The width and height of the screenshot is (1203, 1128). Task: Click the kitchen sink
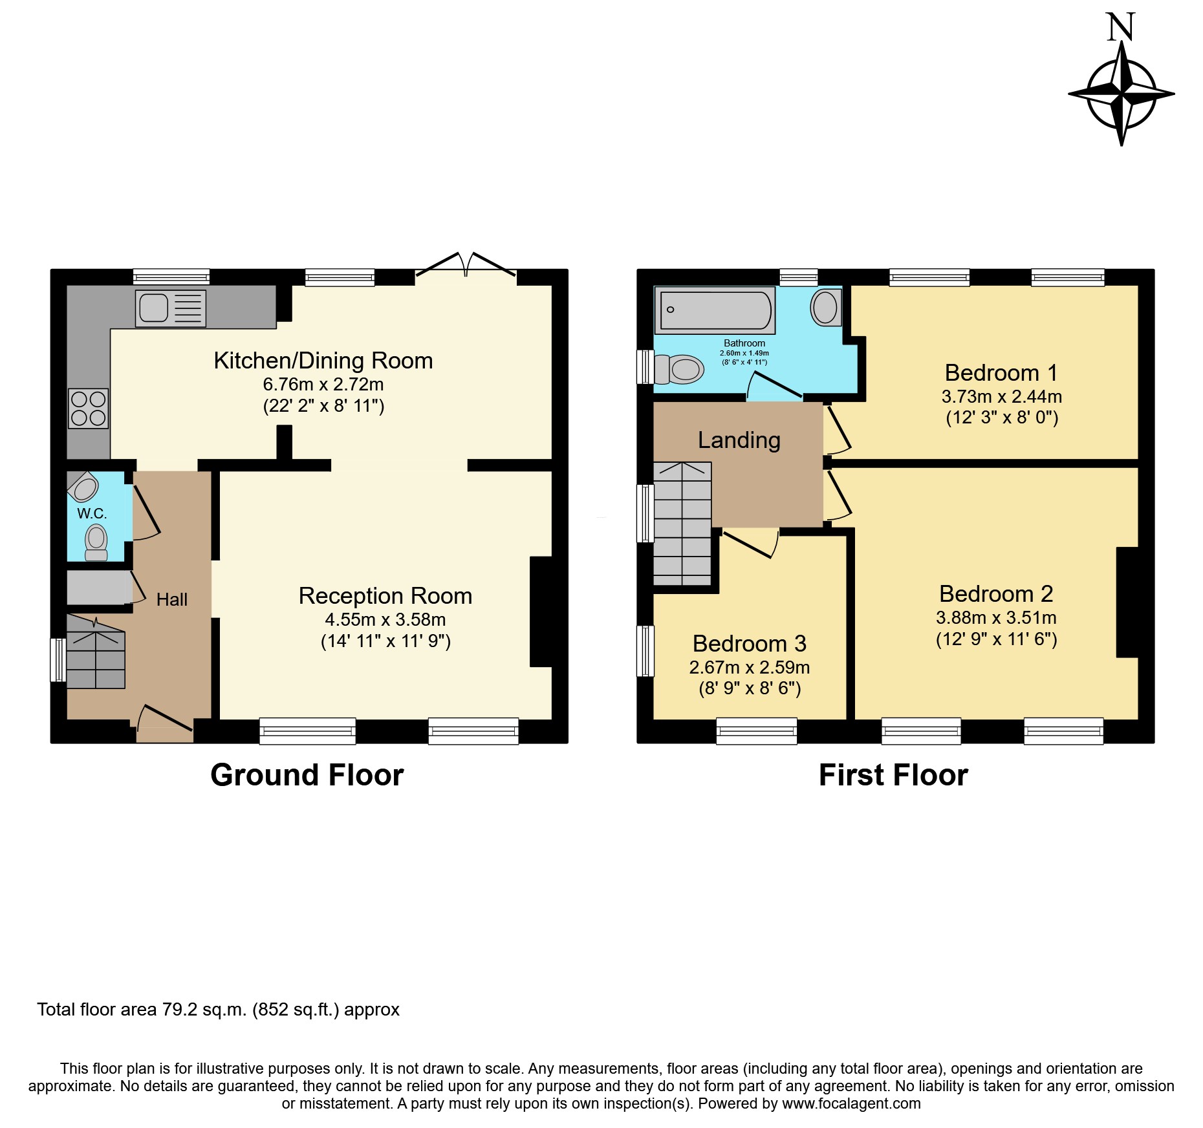pyautogui.click(x=171, y=308)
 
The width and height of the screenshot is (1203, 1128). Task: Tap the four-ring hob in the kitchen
pyautogui.click(x=89, y=409)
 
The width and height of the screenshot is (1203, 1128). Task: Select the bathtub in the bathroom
pyautogui.click(x=715, y=310)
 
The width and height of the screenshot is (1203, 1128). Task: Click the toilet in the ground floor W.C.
pyautogui.click(x=96, y=542)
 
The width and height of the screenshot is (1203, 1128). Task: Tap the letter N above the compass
pyautogui.click(x=1121, y=27)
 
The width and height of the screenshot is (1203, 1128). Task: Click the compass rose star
pyautogui.click(x=1122, y=94)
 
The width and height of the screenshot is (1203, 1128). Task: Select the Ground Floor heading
pyautogui.click(x=307, y=774)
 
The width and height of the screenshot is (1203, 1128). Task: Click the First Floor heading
pyautogui.click(x=893, y=774)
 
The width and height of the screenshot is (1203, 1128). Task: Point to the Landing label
pyautogui.click(x=739, y=440)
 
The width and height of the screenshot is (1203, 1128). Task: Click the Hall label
pyautogui.click(x=172, y=600)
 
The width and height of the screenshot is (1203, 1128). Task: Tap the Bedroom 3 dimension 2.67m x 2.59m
pyautogui.click(x=750, y=667)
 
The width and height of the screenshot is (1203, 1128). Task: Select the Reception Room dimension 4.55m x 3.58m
pyautogui.click(x=385, y=619)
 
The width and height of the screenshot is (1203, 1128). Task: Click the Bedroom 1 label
pyautogui.click(x=1001, y=373)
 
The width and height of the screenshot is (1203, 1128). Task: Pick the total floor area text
pyautogui.click(x=219, y=1010)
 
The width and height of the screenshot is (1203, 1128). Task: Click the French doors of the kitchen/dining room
pyautogui.click(x=466, y=268)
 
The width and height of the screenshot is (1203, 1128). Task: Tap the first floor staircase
pyautogui.click(x=682, y=524)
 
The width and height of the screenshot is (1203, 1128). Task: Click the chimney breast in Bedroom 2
pyautogui.click(x=1127, y=602)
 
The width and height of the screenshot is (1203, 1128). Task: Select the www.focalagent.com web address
pyautogui.click(x=851, y=1103)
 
